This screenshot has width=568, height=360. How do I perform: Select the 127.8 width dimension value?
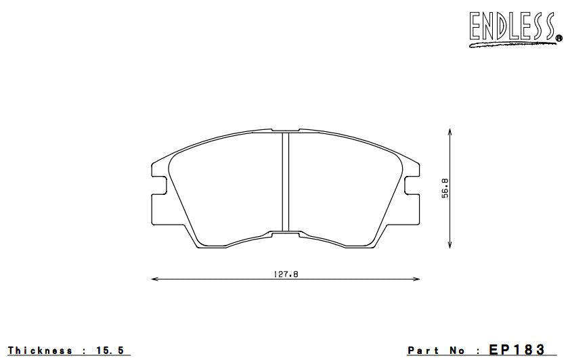[285, 274]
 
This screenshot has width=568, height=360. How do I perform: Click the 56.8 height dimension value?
[445, 189]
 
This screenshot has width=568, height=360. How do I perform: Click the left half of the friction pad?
[227, 189]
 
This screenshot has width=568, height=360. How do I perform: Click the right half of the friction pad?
[342, 189]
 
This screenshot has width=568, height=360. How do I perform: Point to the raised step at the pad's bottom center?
[285, 233]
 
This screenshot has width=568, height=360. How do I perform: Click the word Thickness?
[40, 351]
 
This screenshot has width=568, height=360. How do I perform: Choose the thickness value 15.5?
[111, 351]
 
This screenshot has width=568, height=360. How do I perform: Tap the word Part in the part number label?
[422, 351]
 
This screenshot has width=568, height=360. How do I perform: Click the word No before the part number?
[459, 351]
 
